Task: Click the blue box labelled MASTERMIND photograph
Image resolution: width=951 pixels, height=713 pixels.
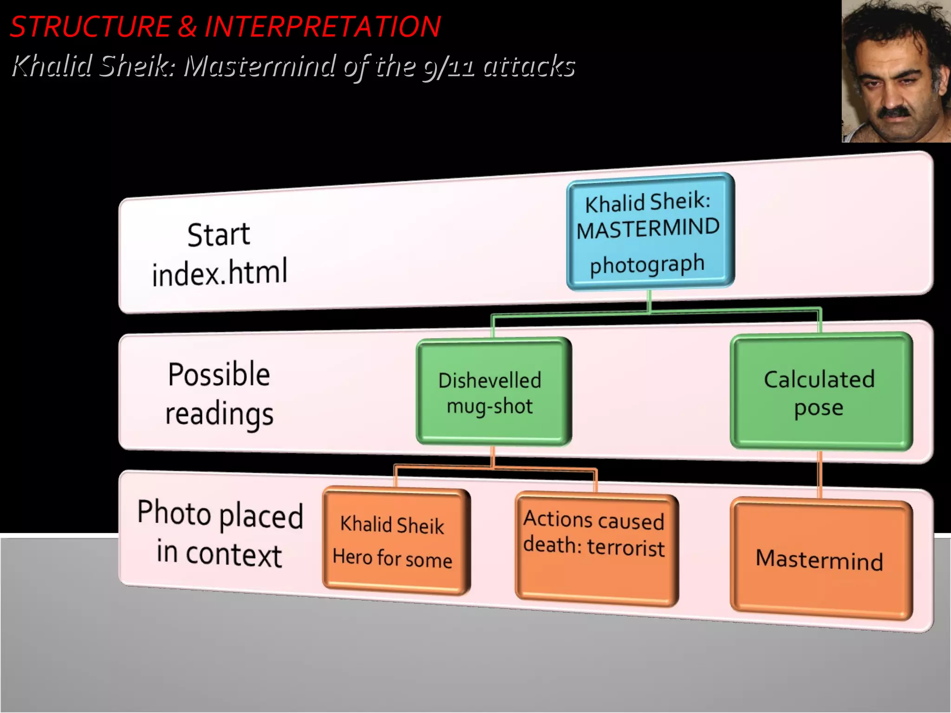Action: point(650,232)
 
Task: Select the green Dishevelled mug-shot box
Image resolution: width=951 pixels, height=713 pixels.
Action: point(494,392)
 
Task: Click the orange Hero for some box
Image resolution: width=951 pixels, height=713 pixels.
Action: point(396,541)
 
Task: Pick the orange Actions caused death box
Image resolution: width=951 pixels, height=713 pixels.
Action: point(596,550)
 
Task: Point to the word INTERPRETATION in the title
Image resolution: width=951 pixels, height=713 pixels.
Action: point(323,26)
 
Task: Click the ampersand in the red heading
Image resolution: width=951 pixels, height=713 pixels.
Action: point(187,26)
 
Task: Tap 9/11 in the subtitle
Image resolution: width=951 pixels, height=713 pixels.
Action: point(449,66)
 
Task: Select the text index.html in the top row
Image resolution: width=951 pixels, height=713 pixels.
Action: point(220,273)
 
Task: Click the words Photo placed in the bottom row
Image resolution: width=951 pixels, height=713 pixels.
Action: point(220,514)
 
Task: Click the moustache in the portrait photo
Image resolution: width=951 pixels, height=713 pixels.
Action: point(894,112)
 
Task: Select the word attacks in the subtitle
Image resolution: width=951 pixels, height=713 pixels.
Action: point(529,66)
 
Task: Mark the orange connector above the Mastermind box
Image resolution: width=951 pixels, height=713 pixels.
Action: point(820,474)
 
